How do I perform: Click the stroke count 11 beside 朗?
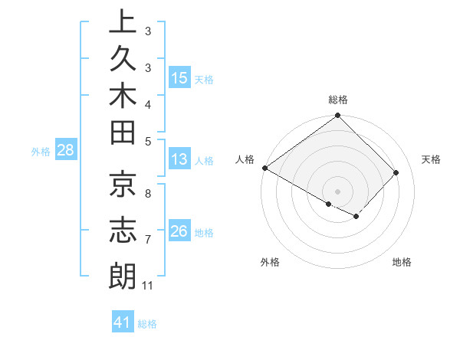click(148, 286)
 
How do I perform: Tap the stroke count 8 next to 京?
click(147, 194)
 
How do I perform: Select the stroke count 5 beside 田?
click(147, 140)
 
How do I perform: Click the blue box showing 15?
click(179, 77)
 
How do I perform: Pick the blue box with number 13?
click(179, 159)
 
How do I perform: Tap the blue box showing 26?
click(179, 231)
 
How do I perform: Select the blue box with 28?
click(65, 150)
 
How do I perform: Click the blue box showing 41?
click(122, 322)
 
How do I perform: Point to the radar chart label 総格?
click(338, 100)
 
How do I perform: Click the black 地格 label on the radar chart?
click(402, 262)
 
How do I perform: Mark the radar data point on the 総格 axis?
click(338, 116)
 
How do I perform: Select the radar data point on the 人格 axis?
click(264, 168)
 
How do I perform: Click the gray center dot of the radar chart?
click(338, 191)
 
